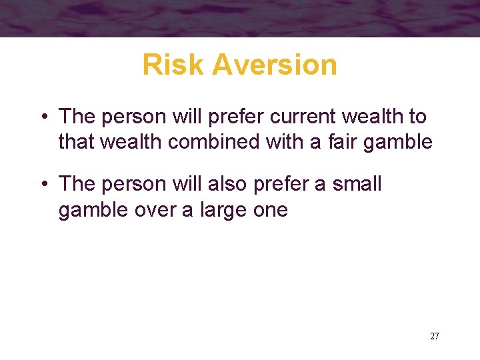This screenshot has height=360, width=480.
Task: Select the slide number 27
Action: coord(435,336)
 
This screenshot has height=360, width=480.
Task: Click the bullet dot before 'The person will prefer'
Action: coord(42,117)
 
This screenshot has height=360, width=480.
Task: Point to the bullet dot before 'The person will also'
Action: coord(42,185)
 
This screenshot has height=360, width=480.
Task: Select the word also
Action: coord(230,183)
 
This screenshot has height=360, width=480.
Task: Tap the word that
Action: coord(75,142)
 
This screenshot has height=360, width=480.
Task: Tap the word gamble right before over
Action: coord(93,210)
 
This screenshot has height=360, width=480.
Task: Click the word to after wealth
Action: coord(418,117)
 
